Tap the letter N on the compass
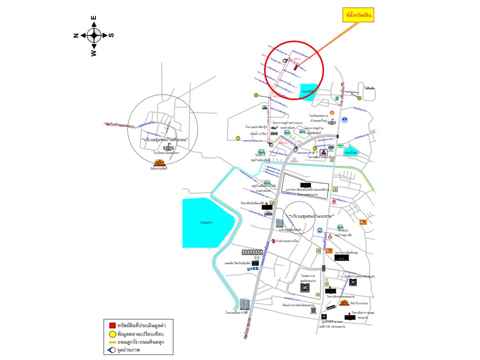[x=76, y=35]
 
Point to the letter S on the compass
[x=111, y=35]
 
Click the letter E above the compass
[x=94, y=18]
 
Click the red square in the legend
[x=106, y=324]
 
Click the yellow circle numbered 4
[x=359, y=98]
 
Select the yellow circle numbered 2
[x=255, y=95]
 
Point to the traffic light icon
[x=323, y=268]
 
